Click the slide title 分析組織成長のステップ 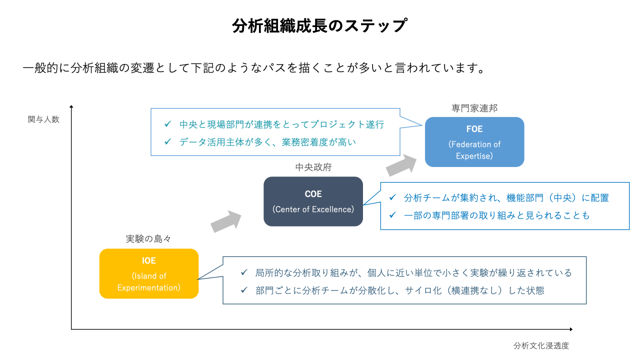319,25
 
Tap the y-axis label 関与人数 43,119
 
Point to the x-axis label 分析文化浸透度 541,345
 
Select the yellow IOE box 149,273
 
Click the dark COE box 313,201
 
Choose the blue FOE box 474,142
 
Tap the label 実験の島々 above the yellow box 148,239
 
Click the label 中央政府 313,167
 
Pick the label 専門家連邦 474,108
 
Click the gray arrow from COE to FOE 403,164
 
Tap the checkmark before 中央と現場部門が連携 168,124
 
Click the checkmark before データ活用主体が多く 168,142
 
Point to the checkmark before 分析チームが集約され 392,197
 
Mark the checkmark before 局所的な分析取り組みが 244,272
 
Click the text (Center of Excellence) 313,209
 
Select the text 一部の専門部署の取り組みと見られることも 496,215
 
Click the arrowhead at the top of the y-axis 71,106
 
